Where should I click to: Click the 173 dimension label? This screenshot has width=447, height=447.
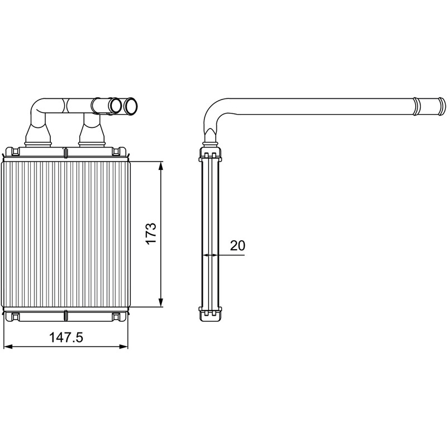[151, 234]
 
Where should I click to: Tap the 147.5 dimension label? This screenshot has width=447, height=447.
[66, 337]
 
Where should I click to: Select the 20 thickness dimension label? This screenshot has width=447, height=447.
[237, 245]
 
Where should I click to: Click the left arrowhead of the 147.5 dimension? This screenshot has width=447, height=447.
[9, 347]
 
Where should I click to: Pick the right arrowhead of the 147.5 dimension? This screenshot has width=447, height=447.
[123, 347]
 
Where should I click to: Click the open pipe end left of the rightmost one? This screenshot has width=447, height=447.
[116, 106]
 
